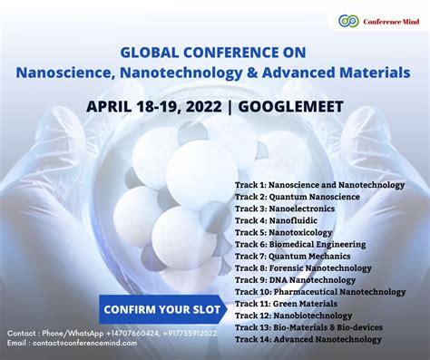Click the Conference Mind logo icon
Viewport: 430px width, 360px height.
click(346, 20)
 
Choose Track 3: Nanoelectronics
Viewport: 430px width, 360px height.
click(284, 209)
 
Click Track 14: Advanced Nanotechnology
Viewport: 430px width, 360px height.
click(308, 338)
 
